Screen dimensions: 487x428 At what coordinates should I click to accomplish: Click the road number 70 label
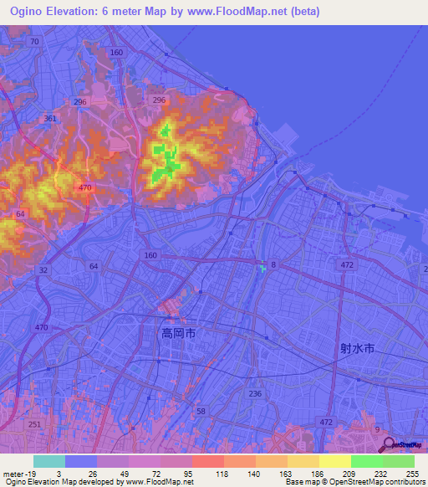coord(33,41)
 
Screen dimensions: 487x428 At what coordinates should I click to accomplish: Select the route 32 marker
coord(43,270)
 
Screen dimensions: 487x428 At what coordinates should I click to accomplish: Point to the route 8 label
coord(273,265)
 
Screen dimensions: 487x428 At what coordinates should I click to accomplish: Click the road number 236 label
coord(255,392)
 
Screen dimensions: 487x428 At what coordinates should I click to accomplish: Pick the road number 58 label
coord(200,411)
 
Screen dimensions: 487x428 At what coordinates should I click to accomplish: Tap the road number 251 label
coord(33,425)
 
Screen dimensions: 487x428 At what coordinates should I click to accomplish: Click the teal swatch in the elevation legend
coord(48,461)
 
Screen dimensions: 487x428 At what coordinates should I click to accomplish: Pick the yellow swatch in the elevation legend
coord(334,461)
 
